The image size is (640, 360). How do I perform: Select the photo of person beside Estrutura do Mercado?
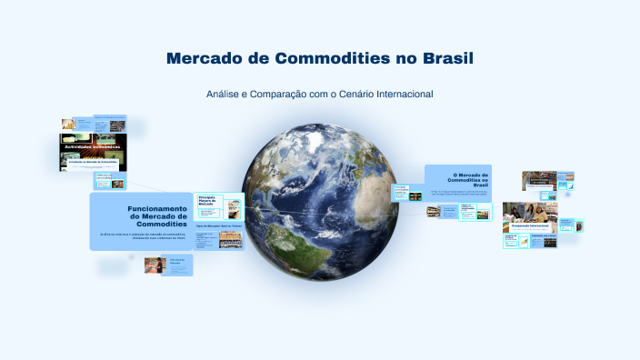click(155, 265)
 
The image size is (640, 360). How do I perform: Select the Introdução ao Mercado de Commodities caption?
click(94, 161)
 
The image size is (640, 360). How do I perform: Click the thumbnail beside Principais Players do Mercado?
click(234, 206)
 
